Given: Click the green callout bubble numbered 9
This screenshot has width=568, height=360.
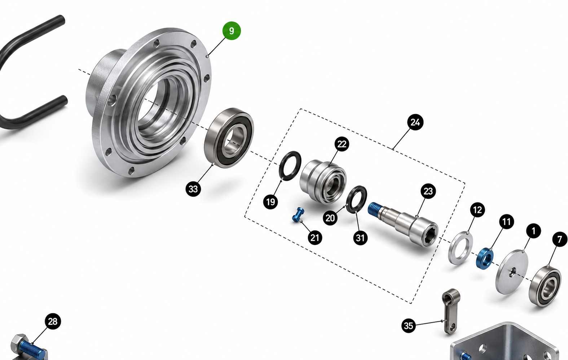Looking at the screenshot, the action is coord(232,31).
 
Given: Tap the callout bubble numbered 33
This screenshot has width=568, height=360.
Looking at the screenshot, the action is coord(193,189).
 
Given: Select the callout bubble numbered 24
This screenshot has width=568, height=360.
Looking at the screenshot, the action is coord(415,122).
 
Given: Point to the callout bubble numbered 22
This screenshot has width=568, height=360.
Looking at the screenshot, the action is coord(342,144).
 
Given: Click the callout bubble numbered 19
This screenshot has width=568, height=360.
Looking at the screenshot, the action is coord(270,202).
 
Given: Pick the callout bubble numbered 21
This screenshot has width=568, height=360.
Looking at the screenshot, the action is coord(315,238).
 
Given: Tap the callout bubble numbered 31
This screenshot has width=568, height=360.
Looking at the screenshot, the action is coord(360,238).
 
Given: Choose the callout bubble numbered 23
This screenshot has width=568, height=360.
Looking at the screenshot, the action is coord(428,191).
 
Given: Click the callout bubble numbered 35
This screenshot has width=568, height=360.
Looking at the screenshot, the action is coord(408,325).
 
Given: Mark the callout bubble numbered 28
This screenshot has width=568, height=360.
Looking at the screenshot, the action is coord(53,321).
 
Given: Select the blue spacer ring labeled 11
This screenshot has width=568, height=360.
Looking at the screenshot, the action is coord(485,259).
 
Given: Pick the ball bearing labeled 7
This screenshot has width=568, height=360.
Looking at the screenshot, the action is coord(545,286).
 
